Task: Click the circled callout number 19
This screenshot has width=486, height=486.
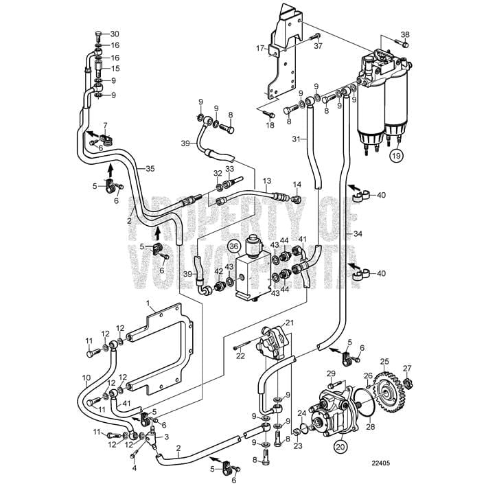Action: tap(396, 157)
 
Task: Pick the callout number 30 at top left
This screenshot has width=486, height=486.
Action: tap(115, 34)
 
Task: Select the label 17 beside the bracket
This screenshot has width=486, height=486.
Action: tap(260, 48)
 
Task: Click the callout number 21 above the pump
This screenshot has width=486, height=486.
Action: tap(289, 323)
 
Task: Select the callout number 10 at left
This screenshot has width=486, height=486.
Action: tap(86, 378)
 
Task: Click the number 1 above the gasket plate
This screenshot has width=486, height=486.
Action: tap(147, 303)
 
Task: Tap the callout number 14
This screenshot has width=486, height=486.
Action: tap(297, 184)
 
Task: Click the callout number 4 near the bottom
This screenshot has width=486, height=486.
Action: tap(134, 468)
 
